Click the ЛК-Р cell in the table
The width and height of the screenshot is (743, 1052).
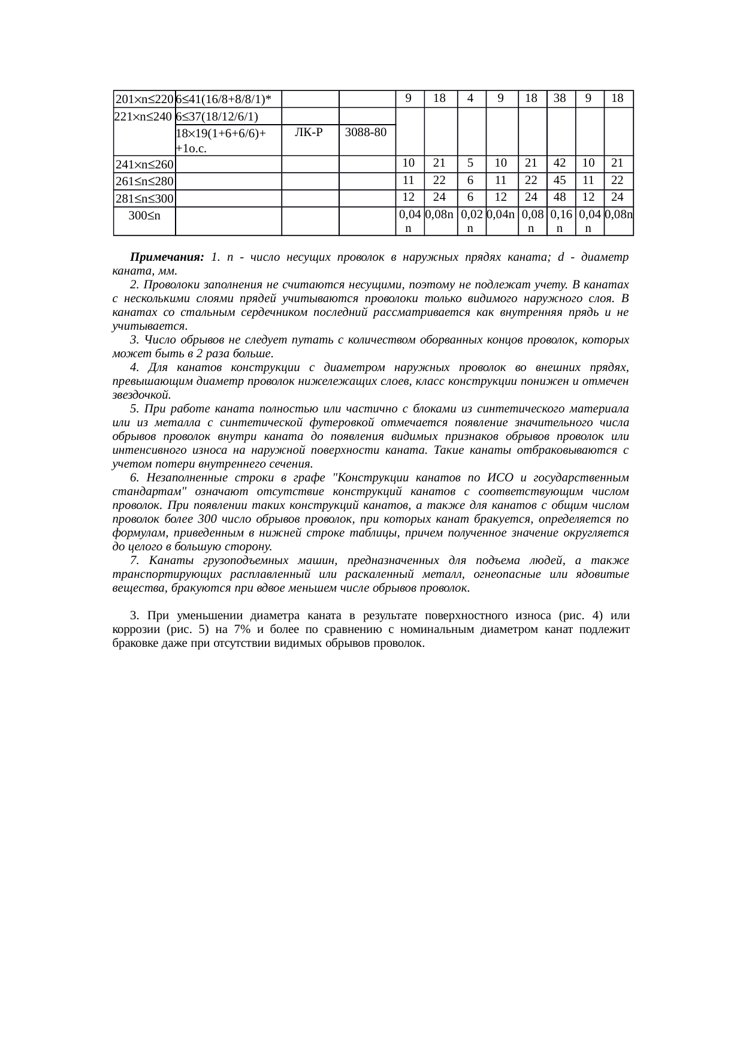pos(309,132)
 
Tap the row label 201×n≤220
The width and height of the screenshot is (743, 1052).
pos(144,99)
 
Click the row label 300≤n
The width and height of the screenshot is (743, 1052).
pos(144,214)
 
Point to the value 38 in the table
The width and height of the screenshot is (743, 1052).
pos(560,98)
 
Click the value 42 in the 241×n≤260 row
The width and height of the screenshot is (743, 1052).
pos(560,163)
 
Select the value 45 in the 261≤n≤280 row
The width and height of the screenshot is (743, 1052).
pos(560,180)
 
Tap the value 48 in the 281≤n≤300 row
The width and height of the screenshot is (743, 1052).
pos(560,197)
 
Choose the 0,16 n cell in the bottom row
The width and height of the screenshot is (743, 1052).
pos(560,221)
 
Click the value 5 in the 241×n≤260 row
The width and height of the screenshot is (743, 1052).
pos(471,163)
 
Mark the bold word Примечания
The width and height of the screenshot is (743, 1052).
pos(167,257)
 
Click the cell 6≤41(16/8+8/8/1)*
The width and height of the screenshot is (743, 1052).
pos(223,99)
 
